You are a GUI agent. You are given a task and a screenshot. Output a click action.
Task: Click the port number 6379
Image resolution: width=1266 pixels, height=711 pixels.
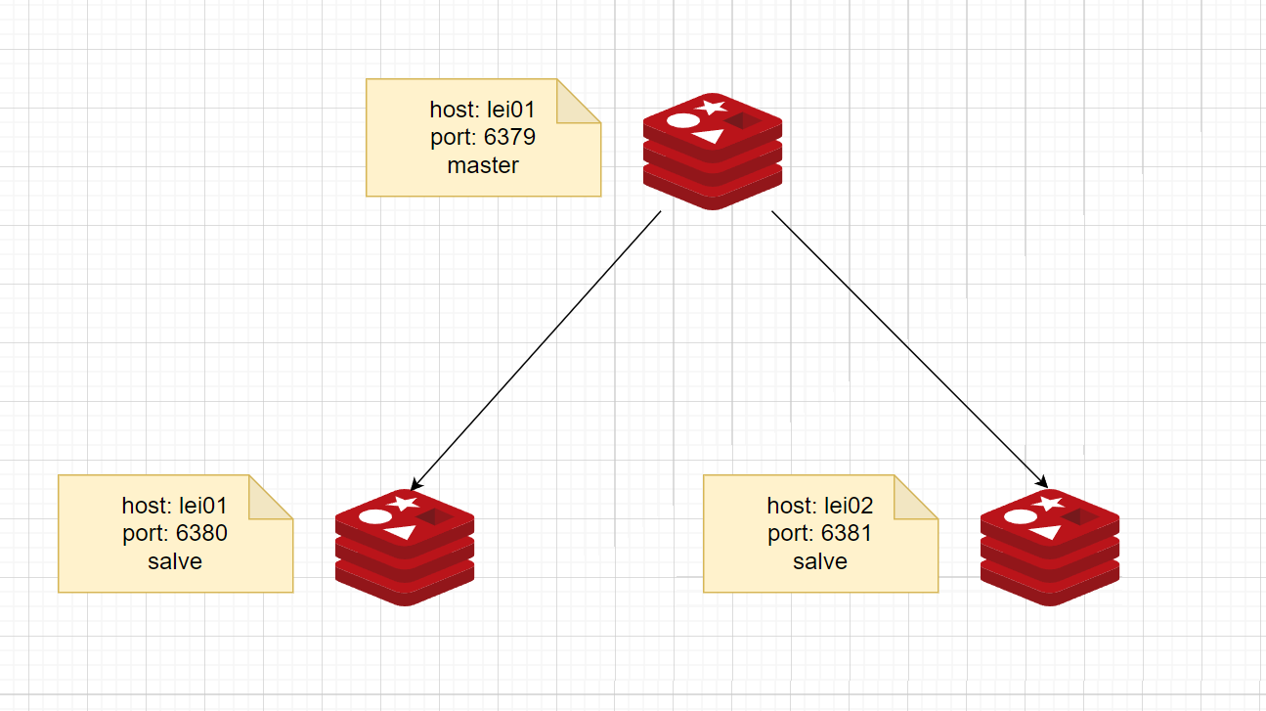coord(509,138)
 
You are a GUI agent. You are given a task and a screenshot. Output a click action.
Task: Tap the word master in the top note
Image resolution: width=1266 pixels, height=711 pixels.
coord(483,165)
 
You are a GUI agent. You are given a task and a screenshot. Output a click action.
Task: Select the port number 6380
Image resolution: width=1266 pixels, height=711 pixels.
coord(201,534)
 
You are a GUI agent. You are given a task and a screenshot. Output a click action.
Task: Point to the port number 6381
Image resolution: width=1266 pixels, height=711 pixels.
coord(847,534)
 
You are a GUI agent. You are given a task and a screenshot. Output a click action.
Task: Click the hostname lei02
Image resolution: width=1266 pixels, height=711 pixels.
coord(847,506)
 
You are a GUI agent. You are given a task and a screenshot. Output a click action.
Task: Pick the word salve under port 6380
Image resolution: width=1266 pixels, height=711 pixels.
coord(175,561)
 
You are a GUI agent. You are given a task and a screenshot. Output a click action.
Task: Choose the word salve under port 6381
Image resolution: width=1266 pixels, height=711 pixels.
coord(820,561)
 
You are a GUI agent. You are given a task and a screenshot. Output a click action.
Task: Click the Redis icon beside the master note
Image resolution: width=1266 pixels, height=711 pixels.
coord(713,152)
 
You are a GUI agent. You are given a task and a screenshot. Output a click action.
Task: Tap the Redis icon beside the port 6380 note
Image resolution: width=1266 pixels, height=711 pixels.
coord(405,547)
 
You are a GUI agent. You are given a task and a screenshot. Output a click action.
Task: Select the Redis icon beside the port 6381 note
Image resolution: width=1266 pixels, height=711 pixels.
coord(1050,547)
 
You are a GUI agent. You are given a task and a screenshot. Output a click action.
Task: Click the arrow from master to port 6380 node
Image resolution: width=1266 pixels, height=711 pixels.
coord(536,350)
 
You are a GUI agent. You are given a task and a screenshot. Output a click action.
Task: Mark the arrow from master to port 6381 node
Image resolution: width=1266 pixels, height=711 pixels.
coord(910,349)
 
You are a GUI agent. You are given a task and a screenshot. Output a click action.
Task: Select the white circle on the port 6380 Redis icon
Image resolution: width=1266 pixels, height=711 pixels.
coord(375,516)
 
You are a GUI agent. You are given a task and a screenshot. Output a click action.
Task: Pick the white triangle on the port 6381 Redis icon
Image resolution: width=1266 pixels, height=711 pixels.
coord(1046,531)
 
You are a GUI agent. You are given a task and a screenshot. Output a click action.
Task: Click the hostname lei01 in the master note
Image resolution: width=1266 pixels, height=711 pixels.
coord(509,110)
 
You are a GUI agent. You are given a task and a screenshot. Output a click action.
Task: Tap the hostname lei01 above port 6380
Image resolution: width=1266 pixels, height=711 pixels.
coord(201,506)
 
